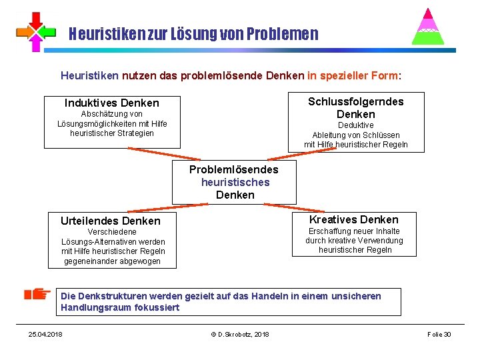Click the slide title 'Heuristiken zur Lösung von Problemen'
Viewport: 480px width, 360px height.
tap(193, 33)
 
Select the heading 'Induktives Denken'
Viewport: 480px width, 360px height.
tap(112, 103)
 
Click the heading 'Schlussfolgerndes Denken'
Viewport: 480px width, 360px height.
tap(355, 107)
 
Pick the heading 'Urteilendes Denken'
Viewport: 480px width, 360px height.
tap(111, 221)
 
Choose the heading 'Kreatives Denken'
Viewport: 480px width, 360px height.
tap(354, 219)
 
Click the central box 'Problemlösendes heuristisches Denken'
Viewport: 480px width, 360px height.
tap(234, 182)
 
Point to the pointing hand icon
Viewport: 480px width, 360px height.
tap(37, 294)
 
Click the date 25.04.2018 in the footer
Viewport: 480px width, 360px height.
tap(45, 334)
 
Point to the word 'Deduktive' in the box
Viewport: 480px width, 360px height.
tap(355, 125)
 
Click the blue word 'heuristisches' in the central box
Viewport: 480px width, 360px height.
tap(235, 182)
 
